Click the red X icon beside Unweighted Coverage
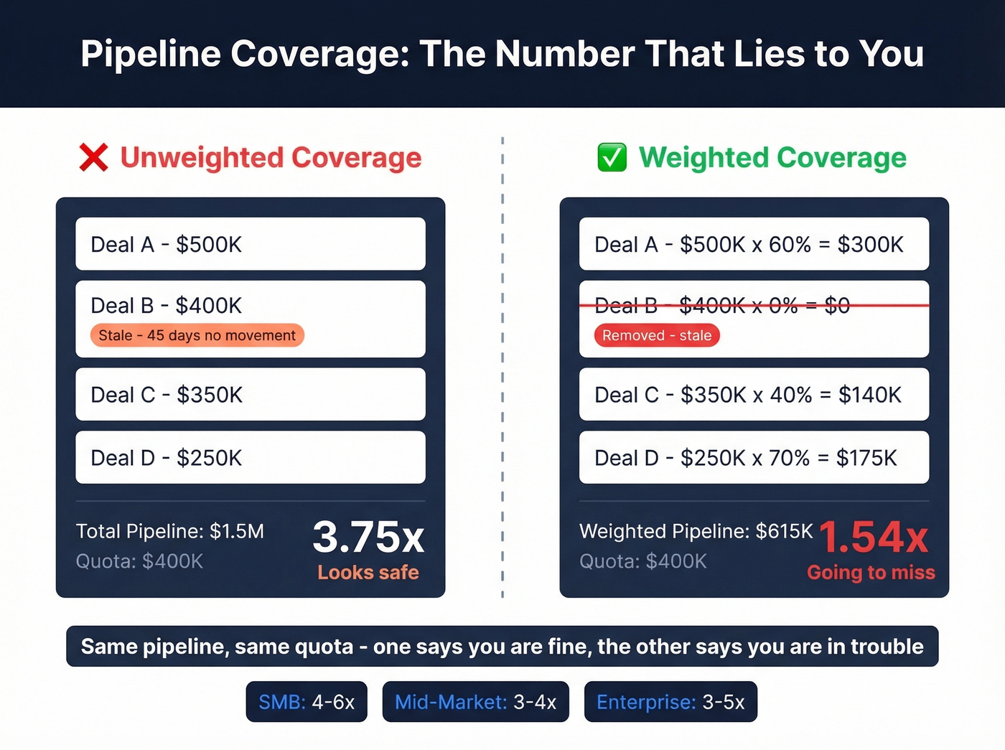(x=94, y=158)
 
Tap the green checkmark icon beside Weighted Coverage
(x=612, y=158)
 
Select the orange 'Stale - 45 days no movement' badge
(x=197, y=335)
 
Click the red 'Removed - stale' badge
(x=657, y=335)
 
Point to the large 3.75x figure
(x=368, y=537)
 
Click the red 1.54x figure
(x=874, y=537)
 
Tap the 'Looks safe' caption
(x=368, y=573)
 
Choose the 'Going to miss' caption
(x=871, y=573)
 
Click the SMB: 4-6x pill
(x=307, y=702)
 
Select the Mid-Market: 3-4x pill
(x=476, y=702)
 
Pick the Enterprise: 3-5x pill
(x=670, y=702)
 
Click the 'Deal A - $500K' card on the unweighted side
(x=251, y=244)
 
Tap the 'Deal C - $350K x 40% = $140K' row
(x=754, y=395)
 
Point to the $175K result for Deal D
(x=866, y=458)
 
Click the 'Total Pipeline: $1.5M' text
(x=170, y=531)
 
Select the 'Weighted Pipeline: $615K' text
(x=696, y=531)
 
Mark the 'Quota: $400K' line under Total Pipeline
(x=140, y=561)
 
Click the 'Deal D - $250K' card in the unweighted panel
(x=251, y=457)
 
